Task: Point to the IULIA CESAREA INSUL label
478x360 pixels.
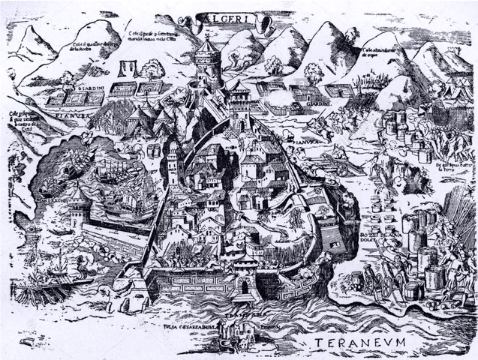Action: click(x=195, y=328)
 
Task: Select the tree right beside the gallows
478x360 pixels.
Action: click(x=152, y=70)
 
